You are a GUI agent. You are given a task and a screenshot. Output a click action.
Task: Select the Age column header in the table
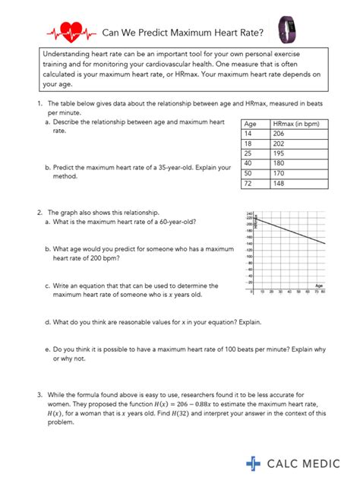[x=250, y=124]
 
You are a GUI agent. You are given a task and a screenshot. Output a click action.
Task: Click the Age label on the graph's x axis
[x=318, y=284]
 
